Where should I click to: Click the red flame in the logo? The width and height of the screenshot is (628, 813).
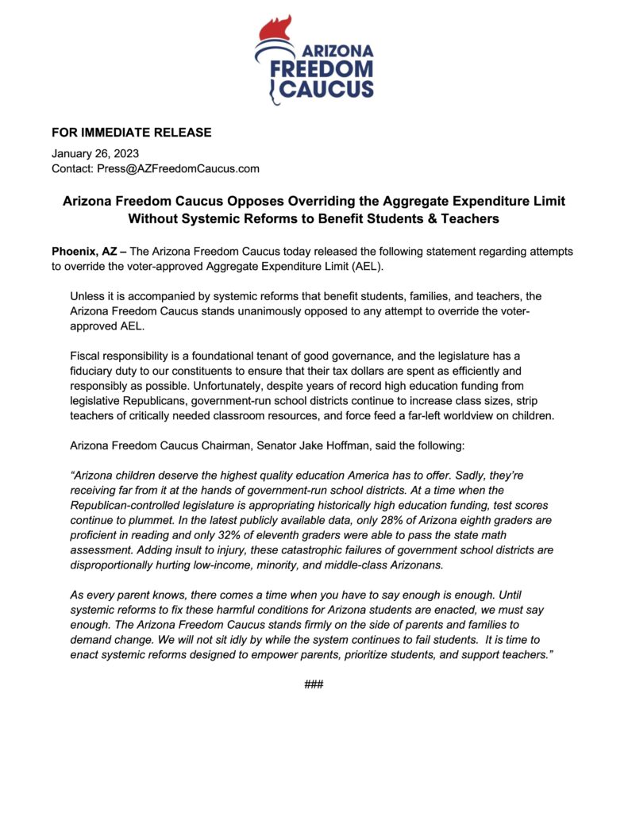(275, 30)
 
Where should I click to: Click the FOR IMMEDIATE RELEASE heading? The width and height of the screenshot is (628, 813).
(132, 133)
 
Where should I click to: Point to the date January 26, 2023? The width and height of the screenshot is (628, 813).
(94, 153)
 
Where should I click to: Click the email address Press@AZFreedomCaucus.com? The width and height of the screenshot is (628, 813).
(178, 168)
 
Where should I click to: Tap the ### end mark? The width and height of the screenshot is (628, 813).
(314, 684)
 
